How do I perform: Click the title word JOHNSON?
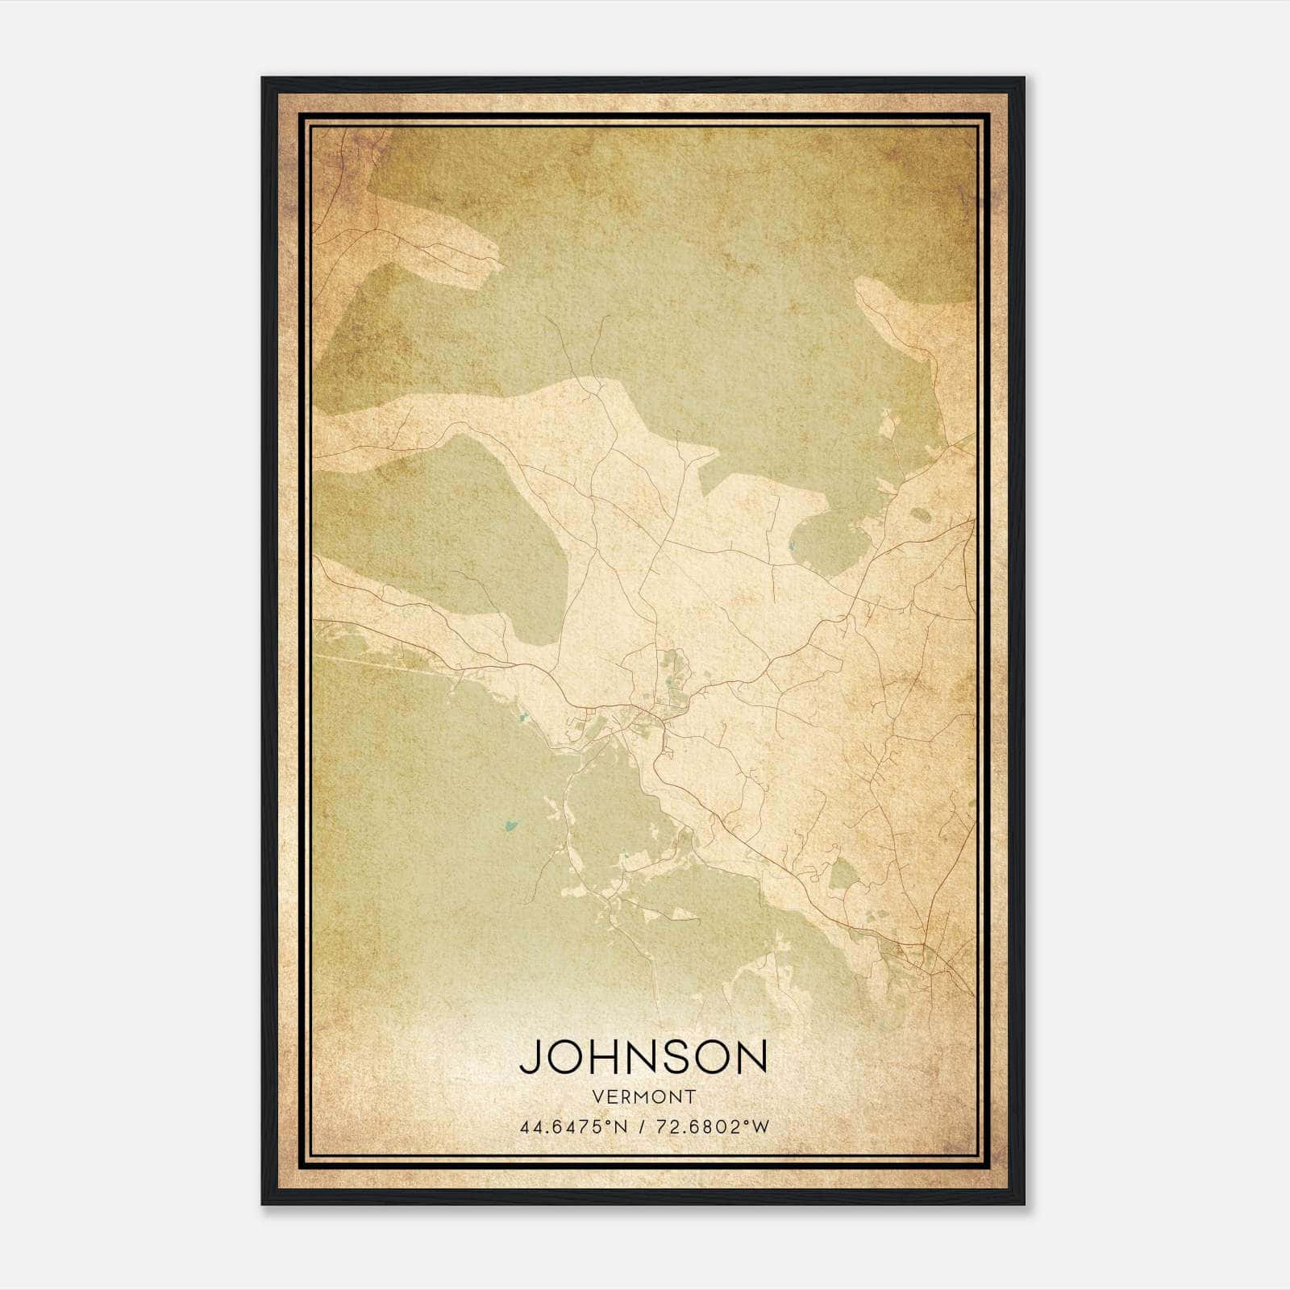(x=643, y=1056)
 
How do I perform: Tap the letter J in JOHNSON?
(x=530, y=1056)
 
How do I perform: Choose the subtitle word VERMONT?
(x=643, y=1096)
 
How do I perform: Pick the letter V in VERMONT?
(x=597, y=1096)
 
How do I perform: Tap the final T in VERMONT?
(x=690, y=1096)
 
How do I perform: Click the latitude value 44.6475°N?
(x=574, y=1126)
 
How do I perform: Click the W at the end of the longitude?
(x=760, y=1126)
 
